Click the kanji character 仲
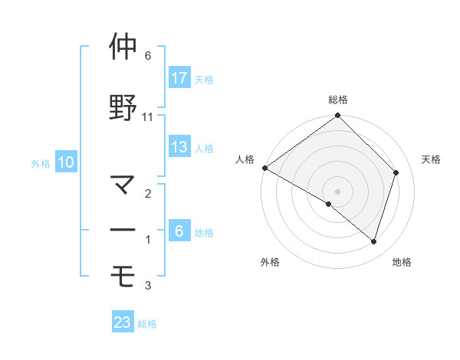point(123,47)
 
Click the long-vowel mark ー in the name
point(123,231)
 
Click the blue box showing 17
point(179,78)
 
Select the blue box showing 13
point(179,147)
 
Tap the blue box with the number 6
point(179,231)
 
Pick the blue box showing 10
point(65,162)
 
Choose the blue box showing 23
point(123,322)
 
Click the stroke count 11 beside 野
point(148,117)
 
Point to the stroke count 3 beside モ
point(148,286)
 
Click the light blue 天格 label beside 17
point(203,80)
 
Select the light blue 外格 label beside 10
point(41,163)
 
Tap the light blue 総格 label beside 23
point(147,324)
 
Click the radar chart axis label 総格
point(338,100)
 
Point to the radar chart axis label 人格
point(245,159)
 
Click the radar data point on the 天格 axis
point(396,172)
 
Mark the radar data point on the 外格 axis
point(329,204)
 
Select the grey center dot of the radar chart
point(338,191)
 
